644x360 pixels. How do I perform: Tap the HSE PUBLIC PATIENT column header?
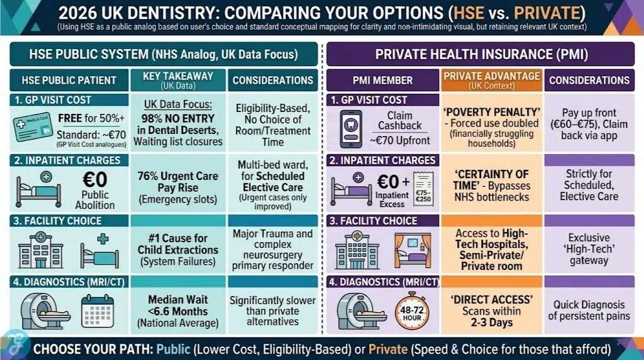click(x=69, y=80)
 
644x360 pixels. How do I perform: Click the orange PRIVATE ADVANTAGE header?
click(x=491, y=80)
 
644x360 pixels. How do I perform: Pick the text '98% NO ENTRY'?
click(x=178, y=118)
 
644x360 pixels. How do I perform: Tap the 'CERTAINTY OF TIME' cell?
click(x=491, y=180)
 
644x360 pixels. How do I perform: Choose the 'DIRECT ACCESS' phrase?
click(x=491, y=299)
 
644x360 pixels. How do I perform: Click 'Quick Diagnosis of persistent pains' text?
click(x=589, y=310)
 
